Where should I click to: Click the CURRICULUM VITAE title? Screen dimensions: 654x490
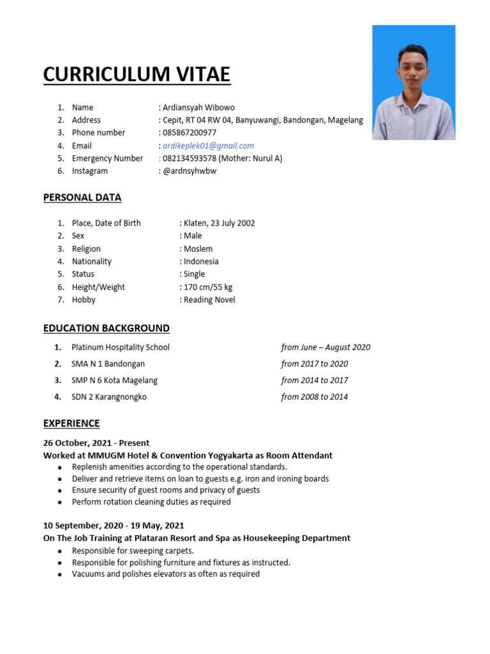point(137,75)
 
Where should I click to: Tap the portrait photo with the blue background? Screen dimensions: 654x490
point(413,82)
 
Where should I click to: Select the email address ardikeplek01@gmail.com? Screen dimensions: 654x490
point(209,146)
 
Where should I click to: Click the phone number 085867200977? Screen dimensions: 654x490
point(189,133)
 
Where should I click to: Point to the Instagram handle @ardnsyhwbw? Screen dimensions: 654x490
point(189,171)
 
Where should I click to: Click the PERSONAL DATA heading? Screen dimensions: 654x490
point(82,197)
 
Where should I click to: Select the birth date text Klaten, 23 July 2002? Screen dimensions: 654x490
point(219,223)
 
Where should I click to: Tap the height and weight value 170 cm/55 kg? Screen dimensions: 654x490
point(208,287)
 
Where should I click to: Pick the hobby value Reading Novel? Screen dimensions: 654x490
point(209,300)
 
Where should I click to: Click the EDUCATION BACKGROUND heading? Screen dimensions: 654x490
point(107,328)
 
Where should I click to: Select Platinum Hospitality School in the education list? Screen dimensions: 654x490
point(121,347)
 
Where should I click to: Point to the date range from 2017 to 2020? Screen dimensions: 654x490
point(315,364)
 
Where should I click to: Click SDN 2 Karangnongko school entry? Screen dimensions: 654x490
point(109,397)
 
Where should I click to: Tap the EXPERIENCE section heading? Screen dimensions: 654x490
point(71,423)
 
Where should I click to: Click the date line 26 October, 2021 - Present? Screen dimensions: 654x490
point(96,443)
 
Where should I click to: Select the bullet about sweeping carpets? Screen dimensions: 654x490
point(133,551)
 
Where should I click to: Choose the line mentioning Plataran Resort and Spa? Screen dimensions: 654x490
point(197,538)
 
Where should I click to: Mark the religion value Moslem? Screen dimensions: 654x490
point(198,248)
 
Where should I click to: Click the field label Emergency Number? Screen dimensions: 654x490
point(107,158)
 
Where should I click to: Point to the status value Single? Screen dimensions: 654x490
point(194,274)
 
